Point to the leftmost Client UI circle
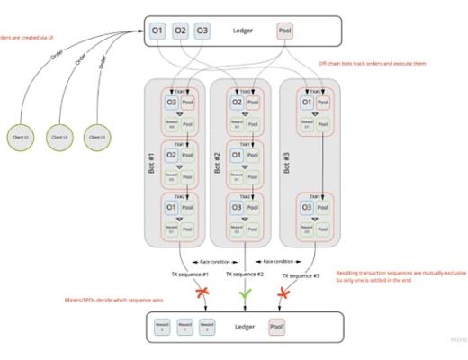coord(17,136)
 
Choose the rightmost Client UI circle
coord(96,136)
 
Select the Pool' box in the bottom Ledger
coord(278,327)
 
